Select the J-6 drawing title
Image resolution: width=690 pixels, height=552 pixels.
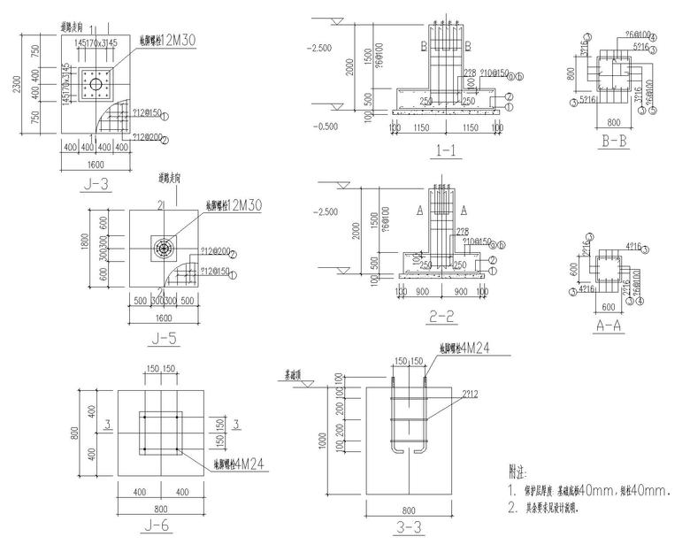click(162, 531)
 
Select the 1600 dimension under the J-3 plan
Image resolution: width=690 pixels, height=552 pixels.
click(96, 164)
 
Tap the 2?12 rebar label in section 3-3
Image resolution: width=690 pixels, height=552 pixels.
click(470, 395)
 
